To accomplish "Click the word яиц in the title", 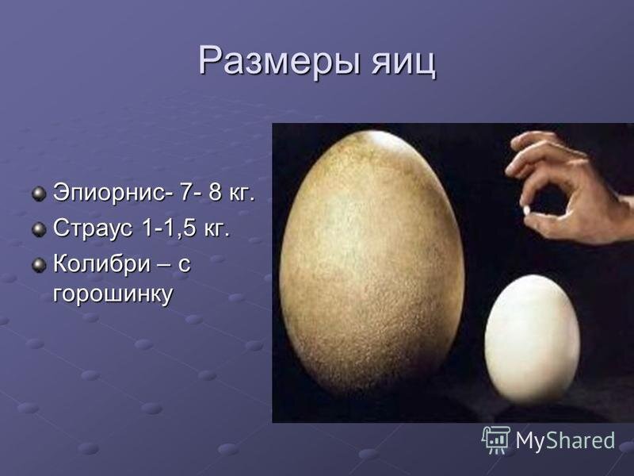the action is coord(404,62).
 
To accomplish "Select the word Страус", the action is coord(93,228).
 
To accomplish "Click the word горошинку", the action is coord(113,294).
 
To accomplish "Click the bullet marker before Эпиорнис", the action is coord(39,194).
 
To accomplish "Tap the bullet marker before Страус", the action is coord(39,229).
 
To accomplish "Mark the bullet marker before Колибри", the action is coord(39,265).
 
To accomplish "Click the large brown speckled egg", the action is coord(372,263).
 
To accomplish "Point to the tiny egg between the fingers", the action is coord(527,210).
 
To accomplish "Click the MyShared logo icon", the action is coord(495,440).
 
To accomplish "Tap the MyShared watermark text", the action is coord(565,440).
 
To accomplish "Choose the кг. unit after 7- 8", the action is coord(242,192).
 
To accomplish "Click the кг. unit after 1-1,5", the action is coord(216,228).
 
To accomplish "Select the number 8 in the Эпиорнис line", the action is coord(215,192).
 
